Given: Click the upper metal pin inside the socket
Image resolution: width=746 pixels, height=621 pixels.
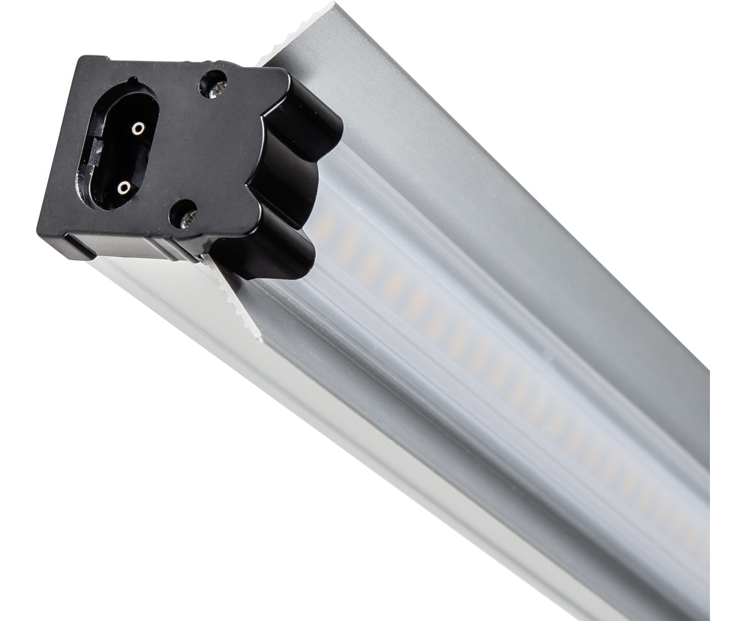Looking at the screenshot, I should point(137,129).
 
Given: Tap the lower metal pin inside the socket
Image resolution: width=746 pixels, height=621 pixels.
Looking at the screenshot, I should point(124,186).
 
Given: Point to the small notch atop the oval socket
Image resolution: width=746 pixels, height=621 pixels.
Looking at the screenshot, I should point(132,80).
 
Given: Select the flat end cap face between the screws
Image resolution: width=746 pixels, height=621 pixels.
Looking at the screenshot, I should point(199,149).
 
